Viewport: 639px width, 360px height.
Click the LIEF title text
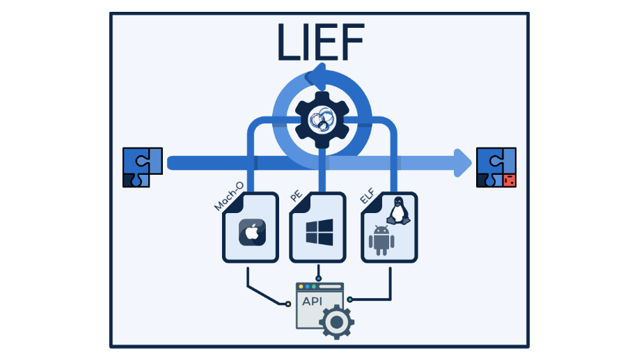point(319,42)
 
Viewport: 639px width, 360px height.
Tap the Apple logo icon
point(252,233)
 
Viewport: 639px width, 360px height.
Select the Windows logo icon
point(319,232)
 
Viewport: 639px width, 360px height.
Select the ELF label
point(367,196)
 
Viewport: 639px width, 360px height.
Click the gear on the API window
point(336,321)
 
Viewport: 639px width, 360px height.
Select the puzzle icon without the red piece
point(142,167)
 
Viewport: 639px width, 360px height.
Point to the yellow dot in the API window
point(301,286)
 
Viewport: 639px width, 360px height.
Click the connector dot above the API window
point(319,278)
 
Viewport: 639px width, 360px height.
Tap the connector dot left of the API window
point(287,304)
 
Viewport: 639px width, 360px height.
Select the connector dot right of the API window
point(350,299)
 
